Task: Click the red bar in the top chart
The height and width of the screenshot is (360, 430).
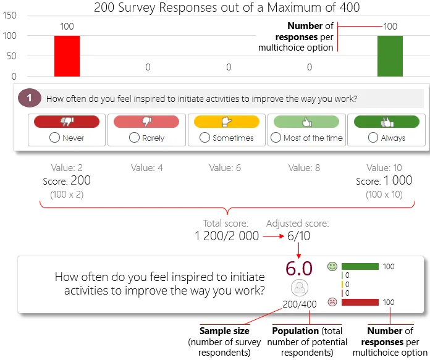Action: (x=67, y=56)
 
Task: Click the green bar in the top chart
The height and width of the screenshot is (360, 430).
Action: (x=390, y=56)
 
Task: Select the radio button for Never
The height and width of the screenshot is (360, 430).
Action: (x=55, y=138)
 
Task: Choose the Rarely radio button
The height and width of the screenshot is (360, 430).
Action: (x=134, y=138)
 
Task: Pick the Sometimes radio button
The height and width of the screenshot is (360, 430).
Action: (x=204, y=138)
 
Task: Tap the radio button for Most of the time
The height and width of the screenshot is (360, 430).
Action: (x=276, y=138)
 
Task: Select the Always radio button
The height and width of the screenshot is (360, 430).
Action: (x=373, y=138)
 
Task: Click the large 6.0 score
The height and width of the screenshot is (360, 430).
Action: (x=298, y=269)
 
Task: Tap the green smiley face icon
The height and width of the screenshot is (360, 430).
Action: (x=332, y=267)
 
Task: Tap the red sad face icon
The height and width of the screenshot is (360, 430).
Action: (x=332, y=303)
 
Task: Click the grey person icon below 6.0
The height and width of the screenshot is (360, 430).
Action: (x=299, y=288)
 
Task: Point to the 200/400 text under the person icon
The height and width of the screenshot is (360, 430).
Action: (x=299, y=304)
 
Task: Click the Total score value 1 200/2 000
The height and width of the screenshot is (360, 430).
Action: (x=227, y=236)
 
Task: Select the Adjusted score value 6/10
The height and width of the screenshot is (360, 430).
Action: (x=299, y=236)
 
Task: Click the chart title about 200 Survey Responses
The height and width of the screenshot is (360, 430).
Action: (x=226, y=7)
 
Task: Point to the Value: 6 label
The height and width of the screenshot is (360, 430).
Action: (x=228, y=167)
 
